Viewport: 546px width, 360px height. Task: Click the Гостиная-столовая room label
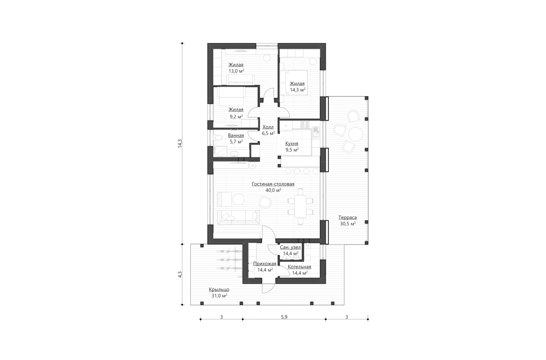coord(273,184)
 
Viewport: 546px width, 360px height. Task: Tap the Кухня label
coord(292,143)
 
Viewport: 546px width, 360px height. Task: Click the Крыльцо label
coord(219,289)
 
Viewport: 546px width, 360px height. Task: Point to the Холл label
coord(268,127)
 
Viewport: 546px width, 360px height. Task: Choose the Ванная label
coord(236,135)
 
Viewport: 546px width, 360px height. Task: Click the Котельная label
coord(299,267)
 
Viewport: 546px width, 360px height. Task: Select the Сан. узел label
coord(290,247)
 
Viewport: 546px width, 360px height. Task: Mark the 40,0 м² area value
coord(273,190)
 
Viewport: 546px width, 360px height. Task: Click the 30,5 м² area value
coord(347,223)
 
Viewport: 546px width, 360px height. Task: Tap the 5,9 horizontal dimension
coord(284,317)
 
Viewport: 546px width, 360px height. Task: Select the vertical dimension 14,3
coord(180,143)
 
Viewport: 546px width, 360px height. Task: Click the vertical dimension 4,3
coord(180,274)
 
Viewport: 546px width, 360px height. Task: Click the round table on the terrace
coord(356,132)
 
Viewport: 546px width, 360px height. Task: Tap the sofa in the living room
coord(238,217)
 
